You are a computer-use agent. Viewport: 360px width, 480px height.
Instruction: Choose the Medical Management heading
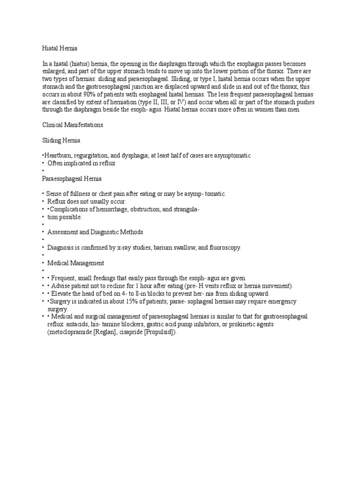point(76,263)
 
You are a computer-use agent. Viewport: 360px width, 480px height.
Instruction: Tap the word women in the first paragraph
point(267,110)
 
